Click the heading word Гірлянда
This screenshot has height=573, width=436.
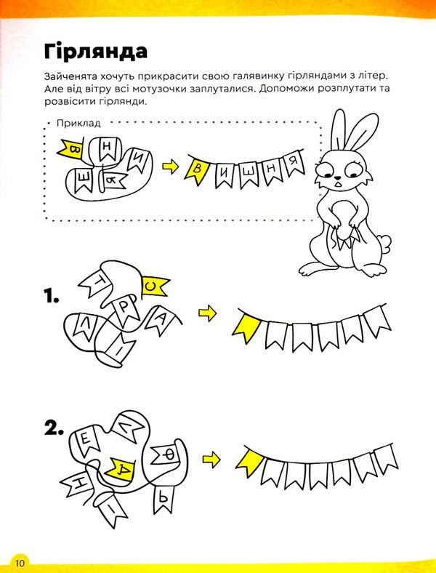(x=95, y=52)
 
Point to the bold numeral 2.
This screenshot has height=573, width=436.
(x=53, y=430)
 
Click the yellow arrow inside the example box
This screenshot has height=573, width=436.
(x=170, y=167)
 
